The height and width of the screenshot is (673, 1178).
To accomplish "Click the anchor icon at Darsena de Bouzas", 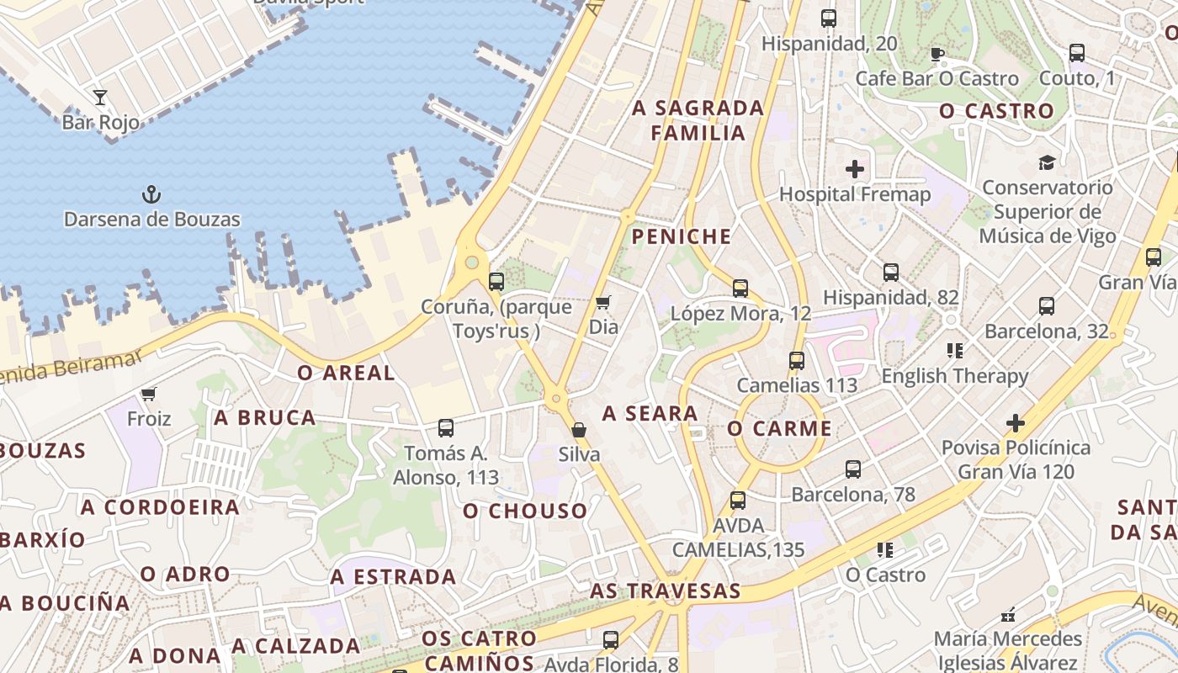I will coord(151,195).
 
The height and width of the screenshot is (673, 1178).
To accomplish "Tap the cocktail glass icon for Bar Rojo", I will coord(100,98).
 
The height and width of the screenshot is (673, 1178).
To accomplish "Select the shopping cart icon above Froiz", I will coord(149,394).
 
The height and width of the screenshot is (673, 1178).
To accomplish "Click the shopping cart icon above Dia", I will coord(602,302).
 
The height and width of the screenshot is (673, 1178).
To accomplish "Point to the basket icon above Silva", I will coord(579,430).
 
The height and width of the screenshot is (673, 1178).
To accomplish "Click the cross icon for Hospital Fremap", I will coord(855,169).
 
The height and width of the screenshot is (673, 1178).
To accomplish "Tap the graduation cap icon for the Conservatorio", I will coord(1047,162).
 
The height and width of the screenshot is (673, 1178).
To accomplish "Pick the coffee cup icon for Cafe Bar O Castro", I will coord(937,55).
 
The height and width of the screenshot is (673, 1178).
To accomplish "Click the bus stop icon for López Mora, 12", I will coord(740,289).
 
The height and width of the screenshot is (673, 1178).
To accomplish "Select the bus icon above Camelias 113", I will coord(797,361).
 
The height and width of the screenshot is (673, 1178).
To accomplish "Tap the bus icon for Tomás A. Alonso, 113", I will coord(446,428).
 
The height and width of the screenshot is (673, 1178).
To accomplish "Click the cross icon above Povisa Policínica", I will coord(1016,422).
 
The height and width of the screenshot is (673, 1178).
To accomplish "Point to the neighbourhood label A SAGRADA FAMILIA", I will coord(698,120).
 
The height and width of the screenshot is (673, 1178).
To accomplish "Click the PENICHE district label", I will coord(682,236).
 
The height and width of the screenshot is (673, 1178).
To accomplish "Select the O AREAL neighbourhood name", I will coord(346,373).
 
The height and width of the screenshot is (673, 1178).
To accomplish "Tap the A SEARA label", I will coord(650,413).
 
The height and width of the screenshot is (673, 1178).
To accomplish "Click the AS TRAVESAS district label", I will coord(665,591).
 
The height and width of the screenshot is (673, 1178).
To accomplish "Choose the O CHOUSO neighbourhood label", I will coord(525,511).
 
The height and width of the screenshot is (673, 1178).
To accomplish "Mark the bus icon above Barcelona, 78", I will coord(853,469).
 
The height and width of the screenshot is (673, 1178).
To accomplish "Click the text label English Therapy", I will coord(954,376).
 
